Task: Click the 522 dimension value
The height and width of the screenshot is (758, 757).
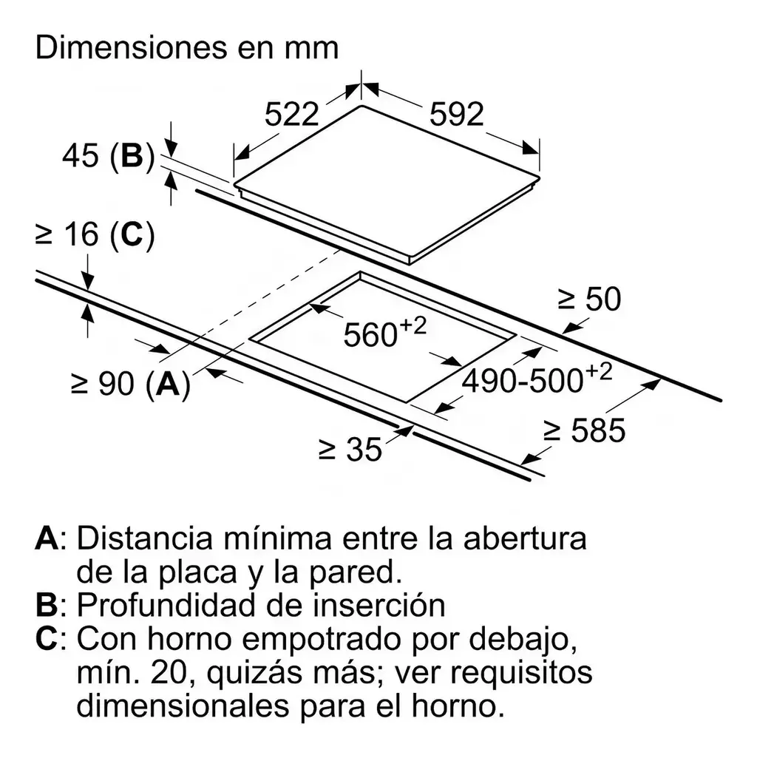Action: (x=291, y=115)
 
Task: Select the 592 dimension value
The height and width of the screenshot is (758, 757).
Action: (x=456, y=115)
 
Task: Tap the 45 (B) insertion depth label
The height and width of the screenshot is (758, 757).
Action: (x=108, y=155)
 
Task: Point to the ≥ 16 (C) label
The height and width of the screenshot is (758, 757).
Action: (x=95, y=235)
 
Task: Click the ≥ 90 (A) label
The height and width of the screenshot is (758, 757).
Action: (x=131, y=385)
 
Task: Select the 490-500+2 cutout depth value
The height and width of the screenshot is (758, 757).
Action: (x=537, y=377)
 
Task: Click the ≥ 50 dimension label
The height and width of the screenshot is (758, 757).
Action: (x=589, y=299)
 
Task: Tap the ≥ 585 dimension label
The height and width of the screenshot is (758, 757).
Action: (x=584, y=430)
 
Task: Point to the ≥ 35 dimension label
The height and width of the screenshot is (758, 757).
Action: (x=350, y=450)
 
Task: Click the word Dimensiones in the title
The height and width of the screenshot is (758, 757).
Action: (x=132, y=47)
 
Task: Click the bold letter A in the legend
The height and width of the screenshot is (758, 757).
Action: (x=47, y=538)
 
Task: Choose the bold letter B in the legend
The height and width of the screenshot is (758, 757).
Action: (x=46, y=605)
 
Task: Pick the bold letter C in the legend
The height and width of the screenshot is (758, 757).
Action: (x=47, y=639)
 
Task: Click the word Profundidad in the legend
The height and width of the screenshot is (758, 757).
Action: (x=178, y=604)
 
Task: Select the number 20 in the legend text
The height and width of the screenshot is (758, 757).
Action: (x=169, y=672)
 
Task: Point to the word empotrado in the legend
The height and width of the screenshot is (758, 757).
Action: (x=322, y=640)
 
